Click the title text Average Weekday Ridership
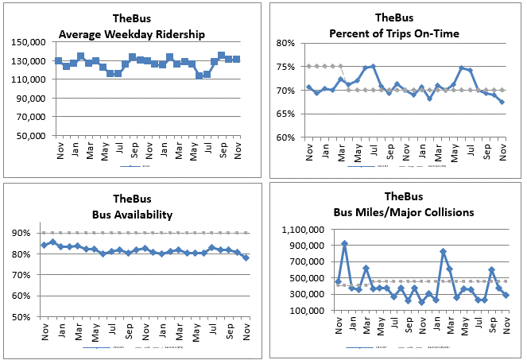click(x=131, y=33)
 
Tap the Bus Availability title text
click(x=131, y=213)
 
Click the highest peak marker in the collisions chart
click(x=344, y=244)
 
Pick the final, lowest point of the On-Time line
click(x=502, y=102)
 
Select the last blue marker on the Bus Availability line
click(x=245, y=257)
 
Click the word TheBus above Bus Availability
click(x=131, y=199)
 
